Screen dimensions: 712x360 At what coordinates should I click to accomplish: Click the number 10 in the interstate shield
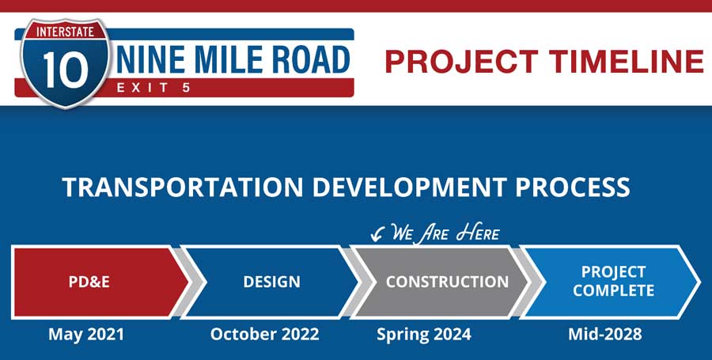tap(66, 70)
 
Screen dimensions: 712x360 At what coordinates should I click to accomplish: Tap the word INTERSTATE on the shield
tap(66, 32)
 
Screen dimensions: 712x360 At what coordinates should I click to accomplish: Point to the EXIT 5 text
tap(153, 88)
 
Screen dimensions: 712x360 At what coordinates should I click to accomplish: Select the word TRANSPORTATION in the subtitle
tap(183, 187)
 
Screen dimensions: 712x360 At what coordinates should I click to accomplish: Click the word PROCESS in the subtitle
tap(573, 187)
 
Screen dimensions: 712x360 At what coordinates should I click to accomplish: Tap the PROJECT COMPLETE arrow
tap(611, 282)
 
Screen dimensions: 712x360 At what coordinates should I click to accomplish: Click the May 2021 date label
tap(86, 335)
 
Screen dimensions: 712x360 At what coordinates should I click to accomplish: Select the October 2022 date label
tap(265, 335)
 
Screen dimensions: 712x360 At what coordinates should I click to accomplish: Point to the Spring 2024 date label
tap(424, 335)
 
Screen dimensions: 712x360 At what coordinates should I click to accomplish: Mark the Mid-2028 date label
tap(605, 335)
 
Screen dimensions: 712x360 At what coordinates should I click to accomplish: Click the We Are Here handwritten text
tap(445, 233)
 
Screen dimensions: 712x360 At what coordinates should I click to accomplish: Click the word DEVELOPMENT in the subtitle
tap(409, 187)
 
